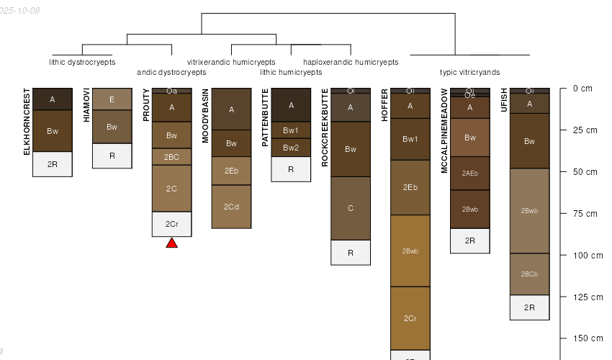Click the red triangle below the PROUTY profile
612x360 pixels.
click(x=171, y=243)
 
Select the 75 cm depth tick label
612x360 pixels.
click(x=587, y=214)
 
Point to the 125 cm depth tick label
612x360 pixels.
click(x=586, y=297)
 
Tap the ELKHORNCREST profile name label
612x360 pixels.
click(x=27, y=121)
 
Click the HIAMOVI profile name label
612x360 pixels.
click(x=86, y=104)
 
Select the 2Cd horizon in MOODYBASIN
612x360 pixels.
click(x=231, y=207)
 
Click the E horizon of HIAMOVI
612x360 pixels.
click(x=112, y=99)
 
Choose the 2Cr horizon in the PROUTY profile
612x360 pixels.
click(x=171, y=224)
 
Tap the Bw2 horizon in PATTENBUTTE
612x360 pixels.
click(x=291, y=148)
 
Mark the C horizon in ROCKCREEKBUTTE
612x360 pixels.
click(x=351, y=208)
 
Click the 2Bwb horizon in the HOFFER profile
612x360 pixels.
click(x=410, y=251)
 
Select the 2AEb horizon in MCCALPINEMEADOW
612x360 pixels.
click(x=469, y=173)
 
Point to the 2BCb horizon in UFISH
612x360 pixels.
click(x=529, y=274)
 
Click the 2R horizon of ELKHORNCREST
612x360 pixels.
click(x=53, y=164)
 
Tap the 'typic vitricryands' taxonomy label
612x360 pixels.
click(x=469, y=72)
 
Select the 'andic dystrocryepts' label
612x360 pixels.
click(x=171, y=72)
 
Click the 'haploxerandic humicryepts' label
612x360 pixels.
click(x=351, y=62)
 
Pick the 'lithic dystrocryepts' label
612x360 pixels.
click(x=82, y=62)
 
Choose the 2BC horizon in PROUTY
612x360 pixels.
click(x=171, y=157)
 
